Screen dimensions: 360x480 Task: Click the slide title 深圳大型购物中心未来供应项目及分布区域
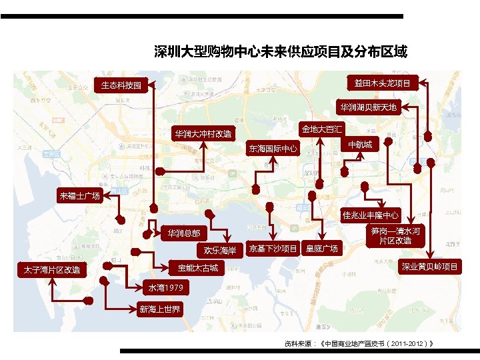(x=280, y=51)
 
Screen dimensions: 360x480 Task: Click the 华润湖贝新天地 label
(x=367, y=107)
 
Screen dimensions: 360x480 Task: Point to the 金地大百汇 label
(x=322, y=128)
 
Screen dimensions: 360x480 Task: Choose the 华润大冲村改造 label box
(x=203, y=134)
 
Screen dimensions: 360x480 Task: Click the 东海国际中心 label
(x=273, y=148)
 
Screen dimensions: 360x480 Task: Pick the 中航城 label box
(x=360, y=144)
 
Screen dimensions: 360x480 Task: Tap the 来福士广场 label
(x=79, y=195)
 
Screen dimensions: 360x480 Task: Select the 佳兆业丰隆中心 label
(x=371, y=215)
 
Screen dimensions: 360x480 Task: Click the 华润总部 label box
(x=183, y=234)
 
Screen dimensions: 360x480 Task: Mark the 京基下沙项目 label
(x=273, y=249)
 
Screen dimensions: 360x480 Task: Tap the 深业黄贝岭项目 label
(x=429, y=267)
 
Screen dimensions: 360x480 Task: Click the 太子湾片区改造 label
(x=51, y=270)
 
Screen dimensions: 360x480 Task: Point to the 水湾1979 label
(x=165, y=287)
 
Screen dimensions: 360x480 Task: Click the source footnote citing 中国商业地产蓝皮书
(x=360, y=343)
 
